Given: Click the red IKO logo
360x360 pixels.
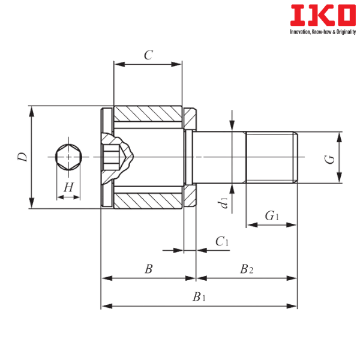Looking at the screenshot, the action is [323, 16].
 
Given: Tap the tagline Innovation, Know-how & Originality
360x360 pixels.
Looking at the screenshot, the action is [323, 32].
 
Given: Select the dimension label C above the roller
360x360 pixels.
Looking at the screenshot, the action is [148, 55].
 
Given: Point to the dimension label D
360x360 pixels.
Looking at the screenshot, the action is [23, 157].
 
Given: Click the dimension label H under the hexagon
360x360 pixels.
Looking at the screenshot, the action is [68, 187].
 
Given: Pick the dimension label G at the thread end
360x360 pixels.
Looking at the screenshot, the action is [329, 160].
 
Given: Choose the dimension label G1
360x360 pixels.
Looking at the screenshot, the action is [272, 216].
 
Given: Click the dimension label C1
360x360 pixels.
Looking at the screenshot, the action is [222, 241].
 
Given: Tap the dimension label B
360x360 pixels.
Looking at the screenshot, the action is [149, 269].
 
